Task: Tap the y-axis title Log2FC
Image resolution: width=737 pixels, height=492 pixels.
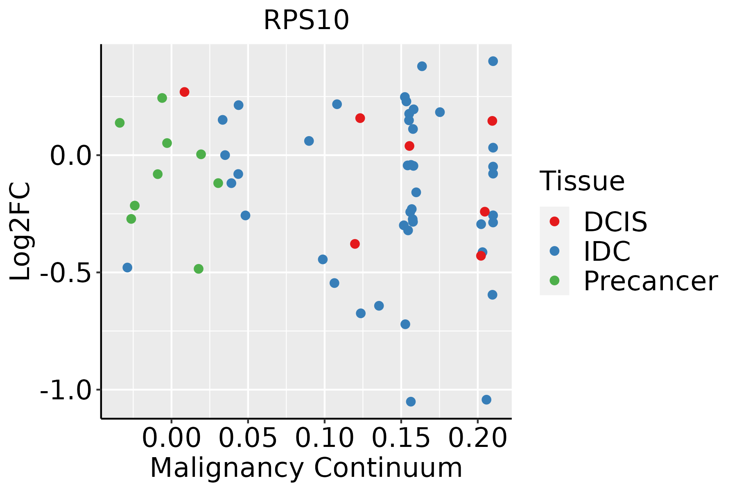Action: (x=20, y=231)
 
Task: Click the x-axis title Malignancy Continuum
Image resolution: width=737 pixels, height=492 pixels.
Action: (x=306, y=468)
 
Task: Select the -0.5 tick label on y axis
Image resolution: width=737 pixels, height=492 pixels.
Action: (x=65, y=273)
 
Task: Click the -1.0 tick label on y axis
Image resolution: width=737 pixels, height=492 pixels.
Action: (x=65, y=390)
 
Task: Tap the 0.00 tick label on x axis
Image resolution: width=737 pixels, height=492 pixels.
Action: (x=172, y=439)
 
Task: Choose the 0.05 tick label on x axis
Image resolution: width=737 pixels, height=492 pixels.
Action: (x=248, y=439)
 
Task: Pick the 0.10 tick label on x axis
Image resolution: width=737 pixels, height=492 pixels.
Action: (x=324, y=439)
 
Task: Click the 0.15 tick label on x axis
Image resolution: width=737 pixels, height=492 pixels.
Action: (x=401, y=439)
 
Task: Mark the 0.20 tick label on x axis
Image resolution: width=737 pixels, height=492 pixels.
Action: (x=477, y=439)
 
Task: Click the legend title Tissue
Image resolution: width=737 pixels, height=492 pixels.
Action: (x=582, y=181)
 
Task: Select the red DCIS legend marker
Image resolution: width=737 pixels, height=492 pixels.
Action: (x=554, y=221)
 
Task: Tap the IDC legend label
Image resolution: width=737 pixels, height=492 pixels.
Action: (x=607, y=251)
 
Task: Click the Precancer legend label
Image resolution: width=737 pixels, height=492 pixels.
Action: (x=650, y=281)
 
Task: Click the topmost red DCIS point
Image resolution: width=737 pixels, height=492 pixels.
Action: (x=184, y=92)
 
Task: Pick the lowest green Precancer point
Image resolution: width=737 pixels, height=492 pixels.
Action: (x=199, y=269)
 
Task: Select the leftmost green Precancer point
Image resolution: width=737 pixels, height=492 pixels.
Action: (x=120, y=123)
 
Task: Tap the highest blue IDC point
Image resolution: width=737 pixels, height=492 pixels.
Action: (x=493, y=61)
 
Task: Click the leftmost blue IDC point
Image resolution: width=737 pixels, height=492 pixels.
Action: (x=127, y=268)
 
